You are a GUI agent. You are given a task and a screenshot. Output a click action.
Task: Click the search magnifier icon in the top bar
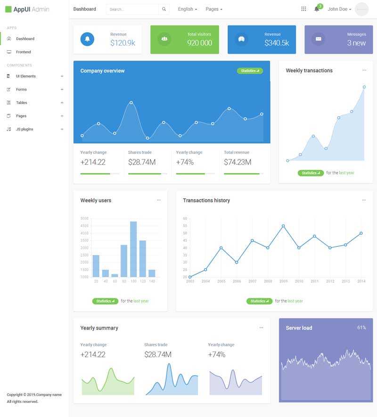(x=164, y=9)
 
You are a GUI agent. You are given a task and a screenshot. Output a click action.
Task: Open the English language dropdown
(x=187, y=9)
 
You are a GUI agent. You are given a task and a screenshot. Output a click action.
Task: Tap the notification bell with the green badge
(x=317, y=9)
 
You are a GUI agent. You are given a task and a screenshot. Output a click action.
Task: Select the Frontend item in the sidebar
(x=23, y=52)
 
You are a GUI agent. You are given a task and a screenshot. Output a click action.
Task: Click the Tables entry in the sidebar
(x=21, y=103)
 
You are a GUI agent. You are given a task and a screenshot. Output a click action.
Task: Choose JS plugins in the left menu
(x=24, y=129)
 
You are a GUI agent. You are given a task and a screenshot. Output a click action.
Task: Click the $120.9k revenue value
(x=123, y=43)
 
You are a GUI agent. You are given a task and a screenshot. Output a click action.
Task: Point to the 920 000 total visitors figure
(x=199, y=43)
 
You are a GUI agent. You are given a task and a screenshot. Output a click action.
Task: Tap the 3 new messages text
(x=356, y=43)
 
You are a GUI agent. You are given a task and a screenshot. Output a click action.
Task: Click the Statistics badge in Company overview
(x=250, y=71)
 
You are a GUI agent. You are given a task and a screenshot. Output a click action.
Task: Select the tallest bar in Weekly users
(x=133, y=249)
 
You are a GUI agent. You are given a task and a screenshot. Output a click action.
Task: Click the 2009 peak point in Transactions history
(x=283, y=226)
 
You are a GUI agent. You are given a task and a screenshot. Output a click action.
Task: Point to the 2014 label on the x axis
(x=361, y=281)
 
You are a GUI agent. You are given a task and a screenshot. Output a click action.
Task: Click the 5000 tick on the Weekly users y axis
(x=84, y=218)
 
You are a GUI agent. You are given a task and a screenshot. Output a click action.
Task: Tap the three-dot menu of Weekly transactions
(x=364, y=70)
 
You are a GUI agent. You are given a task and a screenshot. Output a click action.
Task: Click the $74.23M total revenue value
(x=238, y=162)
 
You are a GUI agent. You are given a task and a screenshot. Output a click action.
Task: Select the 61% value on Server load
(x=361, y=328)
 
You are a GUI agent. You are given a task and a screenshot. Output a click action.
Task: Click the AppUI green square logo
(x=8, y=9)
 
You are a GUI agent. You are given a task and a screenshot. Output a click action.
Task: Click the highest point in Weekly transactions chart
(x=364, y=87)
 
